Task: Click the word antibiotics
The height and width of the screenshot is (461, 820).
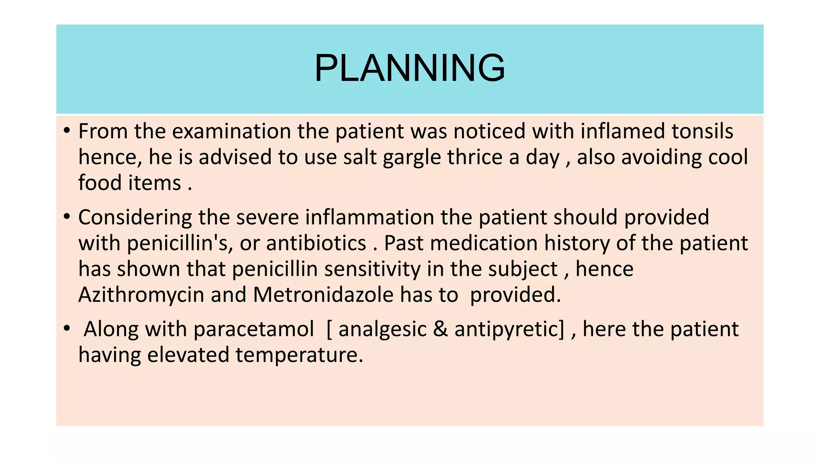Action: point(316,243)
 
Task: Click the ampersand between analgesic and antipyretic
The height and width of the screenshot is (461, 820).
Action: point(440,329)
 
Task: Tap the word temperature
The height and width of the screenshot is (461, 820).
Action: point(299,355)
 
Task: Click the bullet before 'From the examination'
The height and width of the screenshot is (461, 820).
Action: point(66,130)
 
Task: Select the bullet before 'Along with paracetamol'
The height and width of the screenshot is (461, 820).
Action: point(66,329)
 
